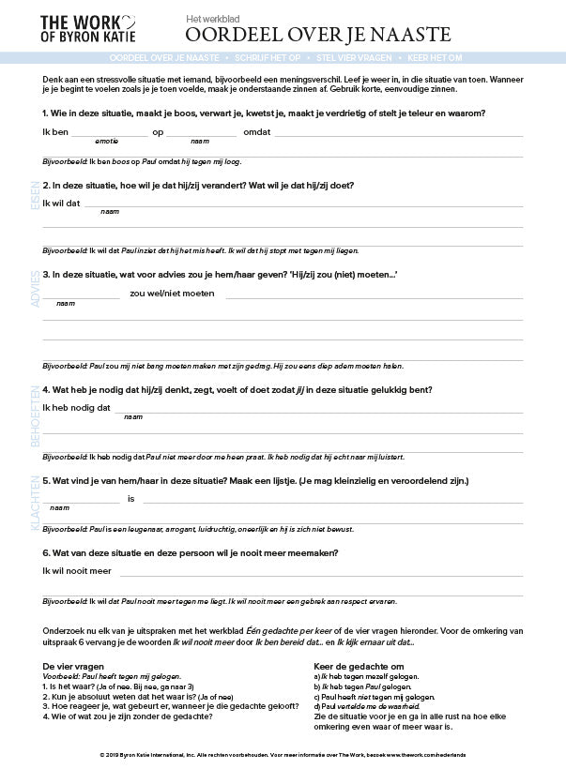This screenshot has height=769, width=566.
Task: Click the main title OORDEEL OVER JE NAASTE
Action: [317, 36]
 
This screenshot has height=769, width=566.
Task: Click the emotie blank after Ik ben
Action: [108, 133]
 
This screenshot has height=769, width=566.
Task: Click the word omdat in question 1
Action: [256, 132]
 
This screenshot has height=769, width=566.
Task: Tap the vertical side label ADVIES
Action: [36, 289]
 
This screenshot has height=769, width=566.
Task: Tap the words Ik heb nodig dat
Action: [77, 408]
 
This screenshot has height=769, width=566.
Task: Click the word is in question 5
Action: [131, 498]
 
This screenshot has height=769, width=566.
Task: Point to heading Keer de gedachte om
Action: [358, 666]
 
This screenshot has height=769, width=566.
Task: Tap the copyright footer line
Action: [283, 754]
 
